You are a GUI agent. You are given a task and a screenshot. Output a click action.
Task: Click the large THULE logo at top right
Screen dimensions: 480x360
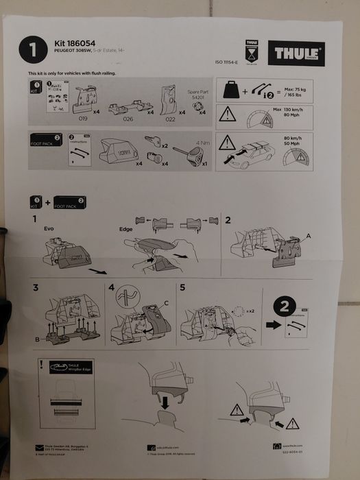296,52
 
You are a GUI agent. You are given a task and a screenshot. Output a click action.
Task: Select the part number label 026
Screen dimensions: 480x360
127,119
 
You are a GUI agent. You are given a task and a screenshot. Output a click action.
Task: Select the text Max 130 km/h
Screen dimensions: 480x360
287,110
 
